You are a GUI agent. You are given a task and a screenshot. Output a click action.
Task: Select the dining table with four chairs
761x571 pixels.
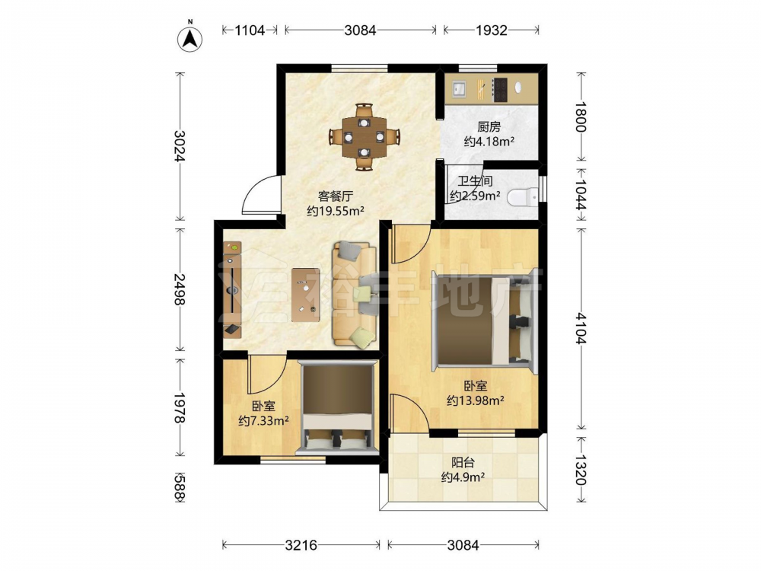(x=364, y=137)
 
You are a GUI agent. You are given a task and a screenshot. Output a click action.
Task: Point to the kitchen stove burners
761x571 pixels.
(x=500, y=90)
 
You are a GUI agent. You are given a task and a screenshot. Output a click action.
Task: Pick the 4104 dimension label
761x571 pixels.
(x=581, y=328)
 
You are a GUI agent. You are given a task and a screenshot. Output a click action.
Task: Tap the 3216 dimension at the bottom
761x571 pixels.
(x=301, y=545)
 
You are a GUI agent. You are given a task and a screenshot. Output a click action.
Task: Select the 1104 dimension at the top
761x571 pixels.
(x=250, y=30)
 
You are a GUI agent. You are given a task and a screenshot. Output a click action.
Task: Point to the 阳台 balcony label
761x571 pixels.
(x=463, y=463)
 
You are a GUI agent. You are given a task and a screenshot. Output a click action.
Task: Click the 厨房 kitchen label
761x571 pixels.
(x=489, y=127)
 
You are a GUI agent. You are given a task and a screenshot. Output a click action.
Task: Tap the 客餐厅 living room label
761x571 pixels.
(x=336, y=196)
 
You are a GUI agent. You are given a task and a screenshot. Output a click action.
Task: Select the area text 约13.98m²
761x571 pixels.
(x=475, y=400)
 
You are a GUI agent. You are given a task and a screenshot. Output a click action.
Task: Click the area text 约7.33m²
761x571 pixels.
(x=263, y=420)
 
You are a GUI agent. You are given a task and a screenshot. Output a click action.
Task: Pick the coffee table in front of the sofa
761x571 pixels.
(x=306, y=295)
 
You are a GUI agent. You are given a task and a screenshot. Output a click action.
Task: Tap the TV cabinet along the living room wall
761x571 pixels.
(x=232, y=289)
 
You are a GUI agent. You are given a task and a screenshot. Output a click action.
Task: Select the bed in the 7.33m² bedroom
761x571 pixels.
(x=338, y=407)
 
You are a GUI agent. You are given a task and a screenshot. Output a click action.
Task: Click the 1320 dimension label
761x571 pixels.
(x=581, y=470)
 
